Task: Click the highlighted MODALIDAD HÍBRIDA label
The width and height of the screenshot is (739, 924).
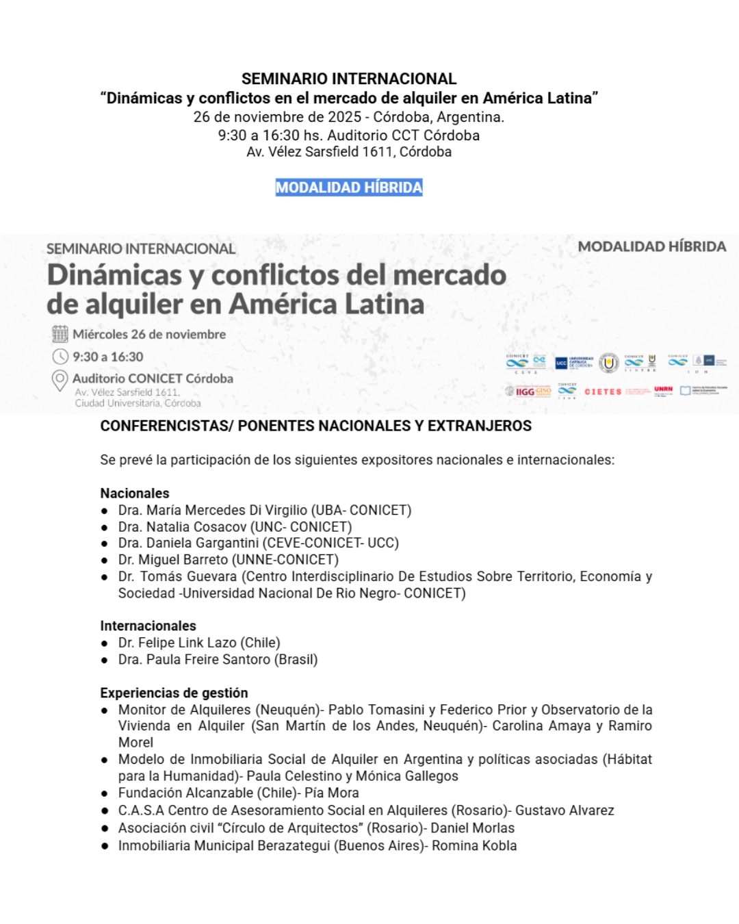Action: [349, 188]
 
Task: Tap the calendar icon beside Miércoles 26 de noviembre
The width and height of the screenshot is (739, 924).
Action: [60, 334]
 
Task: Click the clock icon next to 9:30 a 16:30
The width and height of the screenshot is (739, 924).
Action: [60, 357]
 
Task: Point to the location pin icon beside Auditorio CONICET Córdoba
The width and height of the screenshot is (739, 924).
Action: [60, 380]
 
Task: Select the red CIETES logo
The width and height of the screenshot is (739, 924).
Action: [603, 392]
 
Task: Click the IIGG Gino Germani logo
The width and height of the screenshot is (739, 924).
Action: [528, 392]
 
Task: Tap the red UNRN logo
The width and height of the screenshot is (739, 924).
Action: [663, 390]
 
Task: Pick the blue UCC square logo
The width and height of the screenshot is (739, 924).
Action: [562, 363]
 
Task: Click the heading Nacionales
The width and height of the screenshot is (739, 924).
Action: [135, 493]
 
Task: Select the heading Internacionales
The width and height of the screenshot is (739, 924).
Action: [148, 626]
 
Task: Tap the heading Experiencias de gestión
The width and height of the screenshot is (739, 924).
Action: [174, 693]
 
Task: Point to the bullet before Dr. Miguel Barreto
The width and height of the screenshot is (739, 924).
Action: [105, 561]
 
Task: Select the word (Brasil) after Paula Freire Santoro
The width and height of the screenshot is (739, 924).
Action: [296, 660]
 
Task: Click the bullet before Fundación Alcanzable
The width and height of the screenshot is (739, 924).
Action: [105, 794]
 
